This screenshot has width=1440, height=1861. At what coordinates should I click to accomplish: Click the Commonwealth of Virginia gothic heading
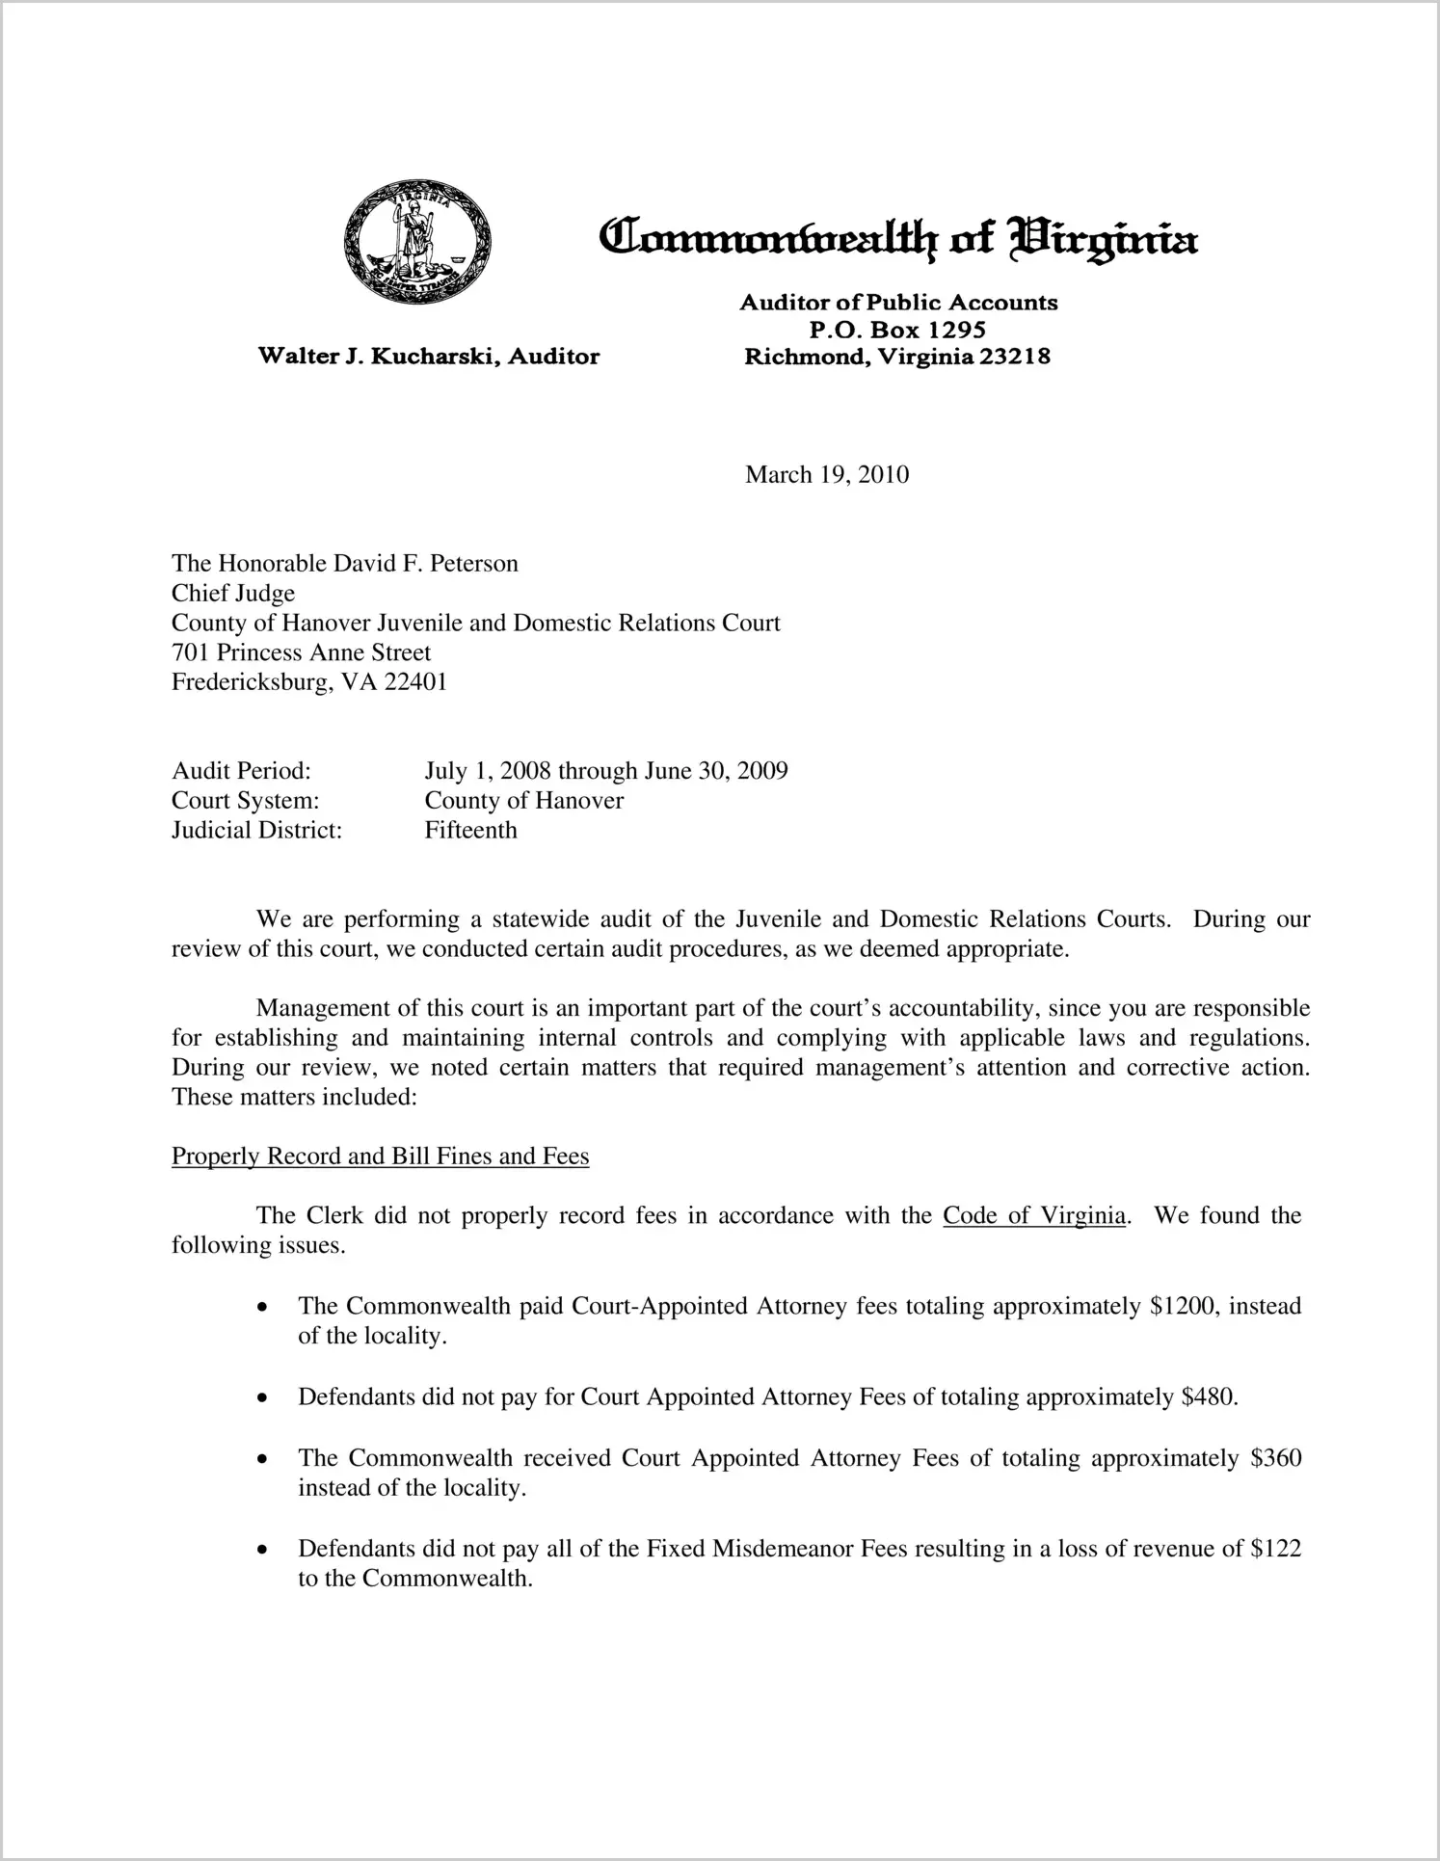897,237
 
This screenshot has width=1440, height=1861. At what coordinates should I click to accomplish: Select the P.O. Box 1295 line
897,330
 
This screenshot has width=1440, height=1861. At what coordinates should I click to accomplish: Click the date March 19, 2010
827,474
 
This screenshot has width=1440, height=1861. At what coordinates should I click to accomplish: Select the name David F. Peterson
425,564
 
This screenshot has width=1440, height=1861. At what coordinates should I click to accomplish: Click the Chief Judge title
233,594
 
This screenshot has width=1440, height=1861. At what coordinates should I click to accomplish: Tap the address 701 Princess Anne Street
301,652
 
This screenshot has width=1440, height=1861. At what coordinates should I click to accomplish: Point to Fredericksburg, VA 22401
309,682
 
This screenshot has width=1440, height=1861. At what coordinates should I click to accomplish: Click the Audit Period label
241,771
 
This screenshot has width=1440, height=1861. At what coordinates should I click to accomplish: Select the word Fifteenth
470,831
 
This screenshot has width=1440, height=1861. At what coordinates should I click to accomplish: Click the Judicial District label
256,831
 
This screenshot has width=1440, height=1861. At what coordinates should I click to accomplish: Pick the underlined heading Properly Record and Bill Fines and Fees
380,1156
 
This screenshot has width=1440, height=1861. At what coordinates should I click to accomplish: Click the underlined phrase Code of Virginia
1033,1216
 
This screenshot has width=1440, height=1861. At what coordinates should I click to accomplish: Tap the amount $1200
1183,1307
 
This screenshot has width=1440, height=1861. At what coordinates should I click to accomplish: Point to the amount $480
1209,1397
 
